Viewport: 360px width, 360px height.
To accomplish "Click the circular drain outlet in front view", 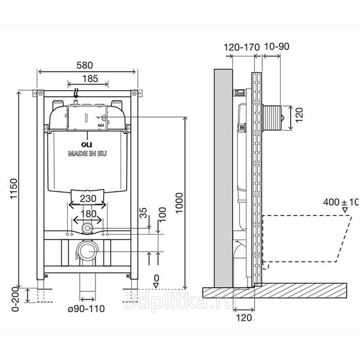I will click(x=88, y=252).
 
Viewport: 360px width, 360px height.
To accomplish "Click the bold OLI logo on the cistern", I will click(x=87, y=144).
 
